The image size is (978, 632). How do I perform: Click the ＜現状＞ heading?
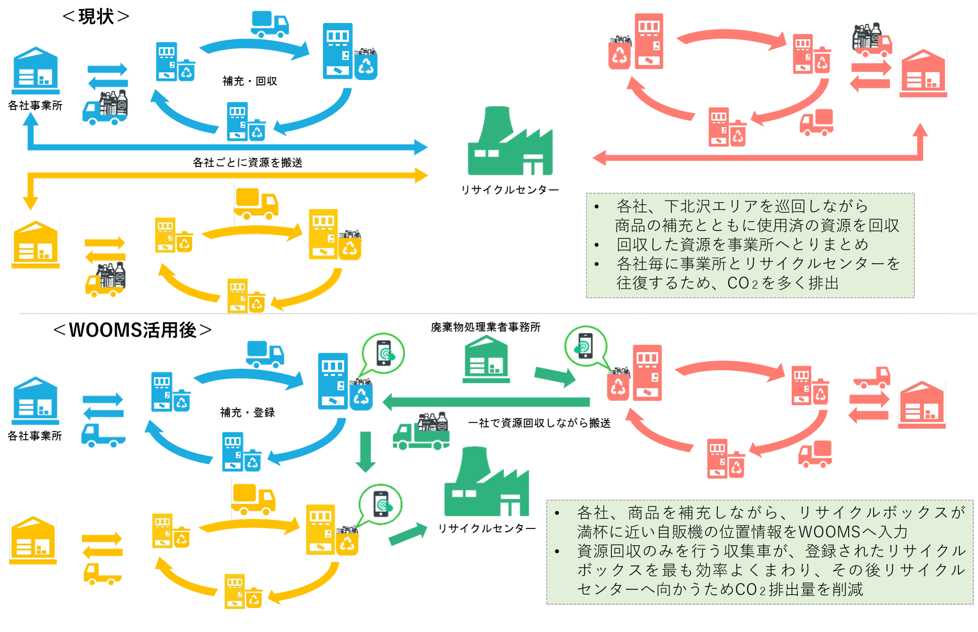[x=96, y=17]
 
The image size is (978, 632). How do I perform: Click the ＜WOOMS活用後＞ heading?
[x=132, y=330]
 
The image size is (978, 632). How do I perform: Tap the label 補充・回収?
[x=250, y=81]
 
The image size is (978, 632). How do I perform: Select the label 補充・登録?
[x=247, y=412]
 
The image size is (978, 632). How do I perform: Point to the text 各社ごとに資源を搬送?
[x=247, y=163]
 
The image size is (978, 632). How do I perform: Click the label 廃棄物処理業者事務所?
[x=485, y=327]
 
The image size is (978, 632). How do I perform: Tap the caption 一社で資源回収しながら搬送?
[x=539, y=423]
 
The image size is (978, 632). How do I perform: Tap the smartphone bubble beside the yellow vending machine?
[x=381, y=505]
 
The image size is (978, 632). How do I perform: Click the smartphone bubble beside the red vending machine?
[x=585, y=345]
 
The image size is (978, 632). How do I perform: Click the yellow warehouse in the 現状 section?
[x=35, y=245]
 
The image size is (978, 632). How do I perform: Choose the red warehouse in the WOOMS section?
[x=921, y=404]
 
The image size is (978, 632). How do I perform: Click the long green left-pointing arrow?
[x=486, y=402]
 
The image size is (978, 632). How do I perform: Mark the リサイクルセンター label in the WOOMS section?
[x=487, y=529]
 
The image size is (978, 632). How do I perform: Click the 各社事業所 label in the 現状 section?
[x=35, y=105]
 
